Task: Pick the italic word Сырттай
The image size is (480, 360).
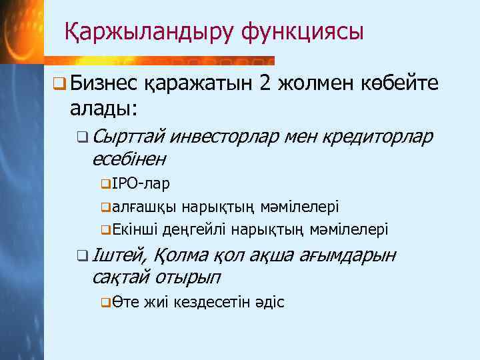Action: (127, 137)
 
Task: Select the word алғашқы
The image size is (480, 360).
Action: (141, 207)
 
